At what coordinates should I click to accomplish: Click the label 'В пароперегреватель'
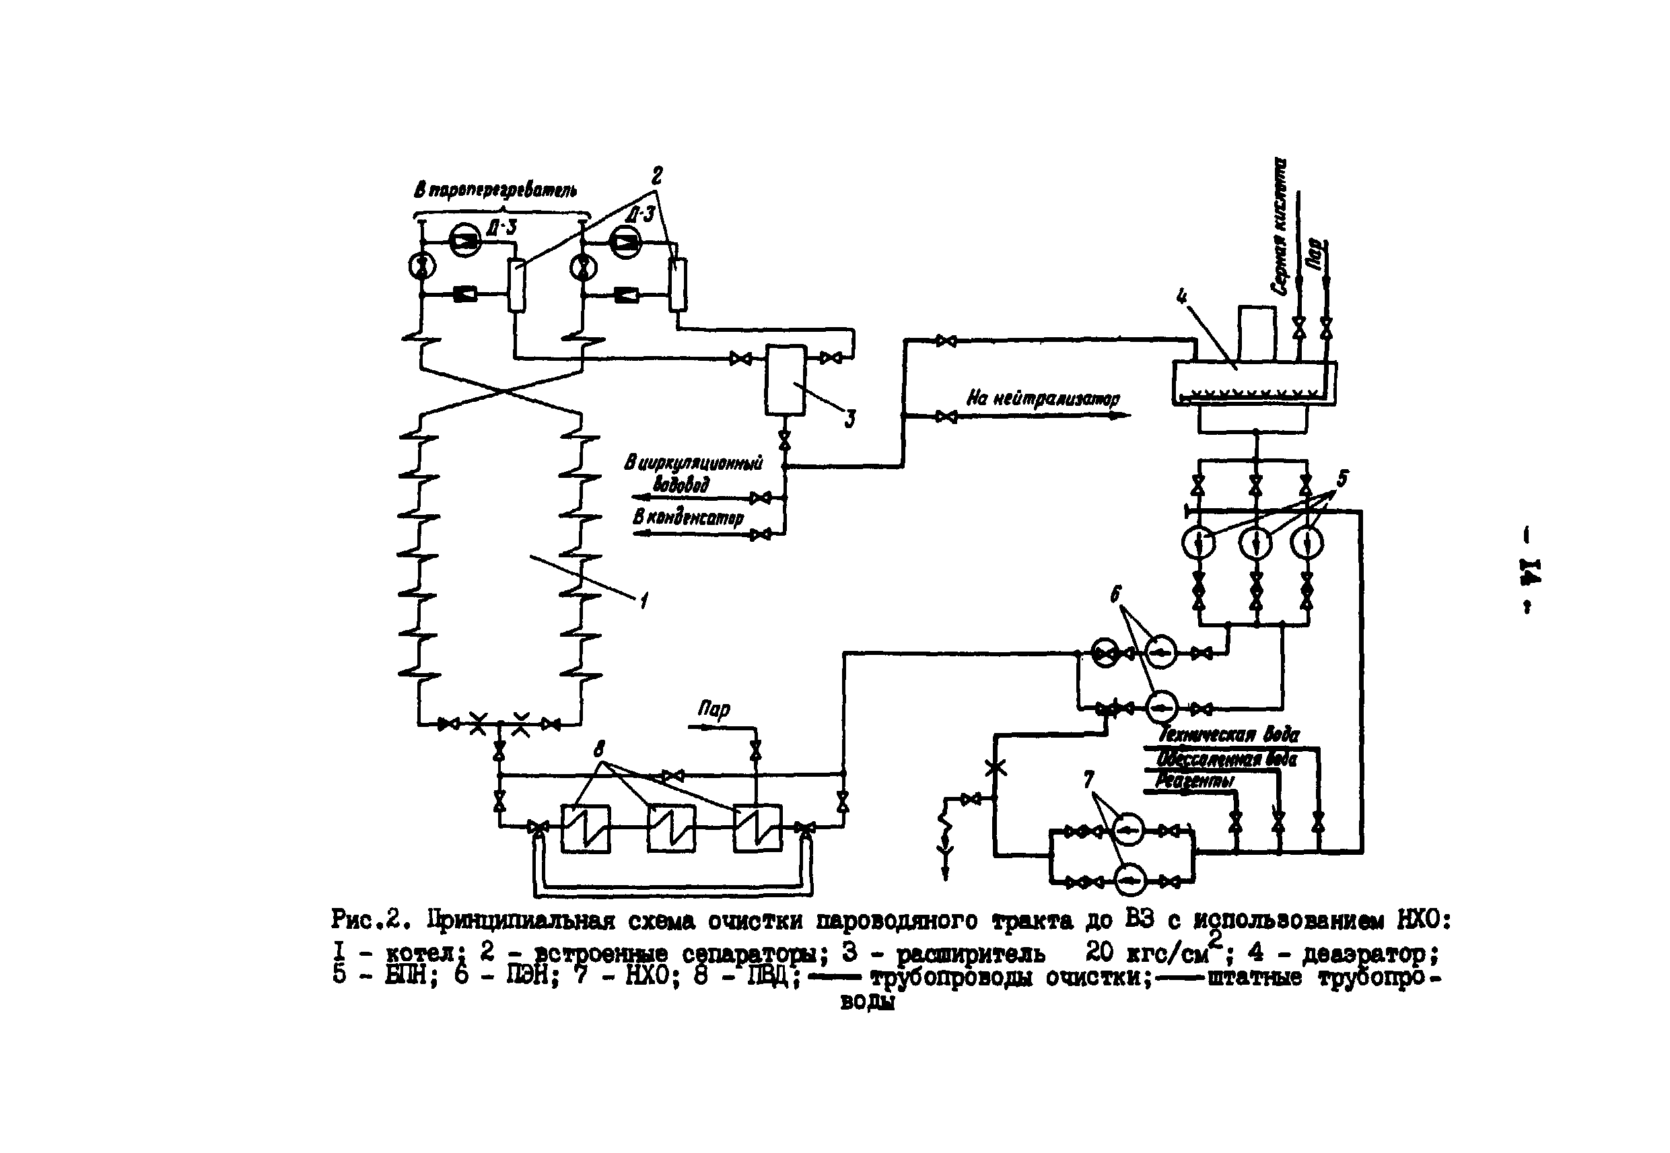click(495, 190)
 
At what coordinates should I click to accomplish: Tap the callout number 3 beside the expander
click(850, 418)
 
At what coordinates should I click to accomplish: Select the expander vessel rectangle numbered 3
click(785, 379)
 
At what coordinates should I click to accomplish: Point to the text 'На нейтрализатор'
click(1043, 398)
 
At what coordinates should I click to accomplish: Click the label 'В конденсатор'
click(688, 517)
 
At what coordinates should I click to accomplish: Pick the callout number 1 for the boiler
click(643, 600)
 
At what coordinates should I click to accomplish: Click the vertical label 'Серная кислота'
click(1280, 227)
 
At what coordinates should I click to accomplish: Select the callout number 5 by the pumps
click(1342, 479)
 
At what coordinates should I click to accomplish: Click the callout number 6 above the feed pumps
click(1116, 594)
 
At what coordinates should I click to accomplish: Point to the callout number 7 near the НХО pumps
click(1088, 779)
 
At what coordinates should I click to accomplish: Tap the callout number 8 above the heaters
click(599, 750)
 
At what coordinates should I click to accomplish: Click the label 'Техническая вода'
click(1228, 735)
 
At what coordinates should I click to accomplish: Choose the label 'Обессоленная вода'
click(1226, 759)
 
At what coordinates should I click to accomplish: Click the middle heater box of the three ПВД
click(671, 828)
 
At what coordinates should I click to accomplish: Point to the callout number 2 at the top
click(656, 175)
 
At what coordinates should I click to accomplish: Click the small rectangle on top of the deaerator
click(1257, 333)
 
